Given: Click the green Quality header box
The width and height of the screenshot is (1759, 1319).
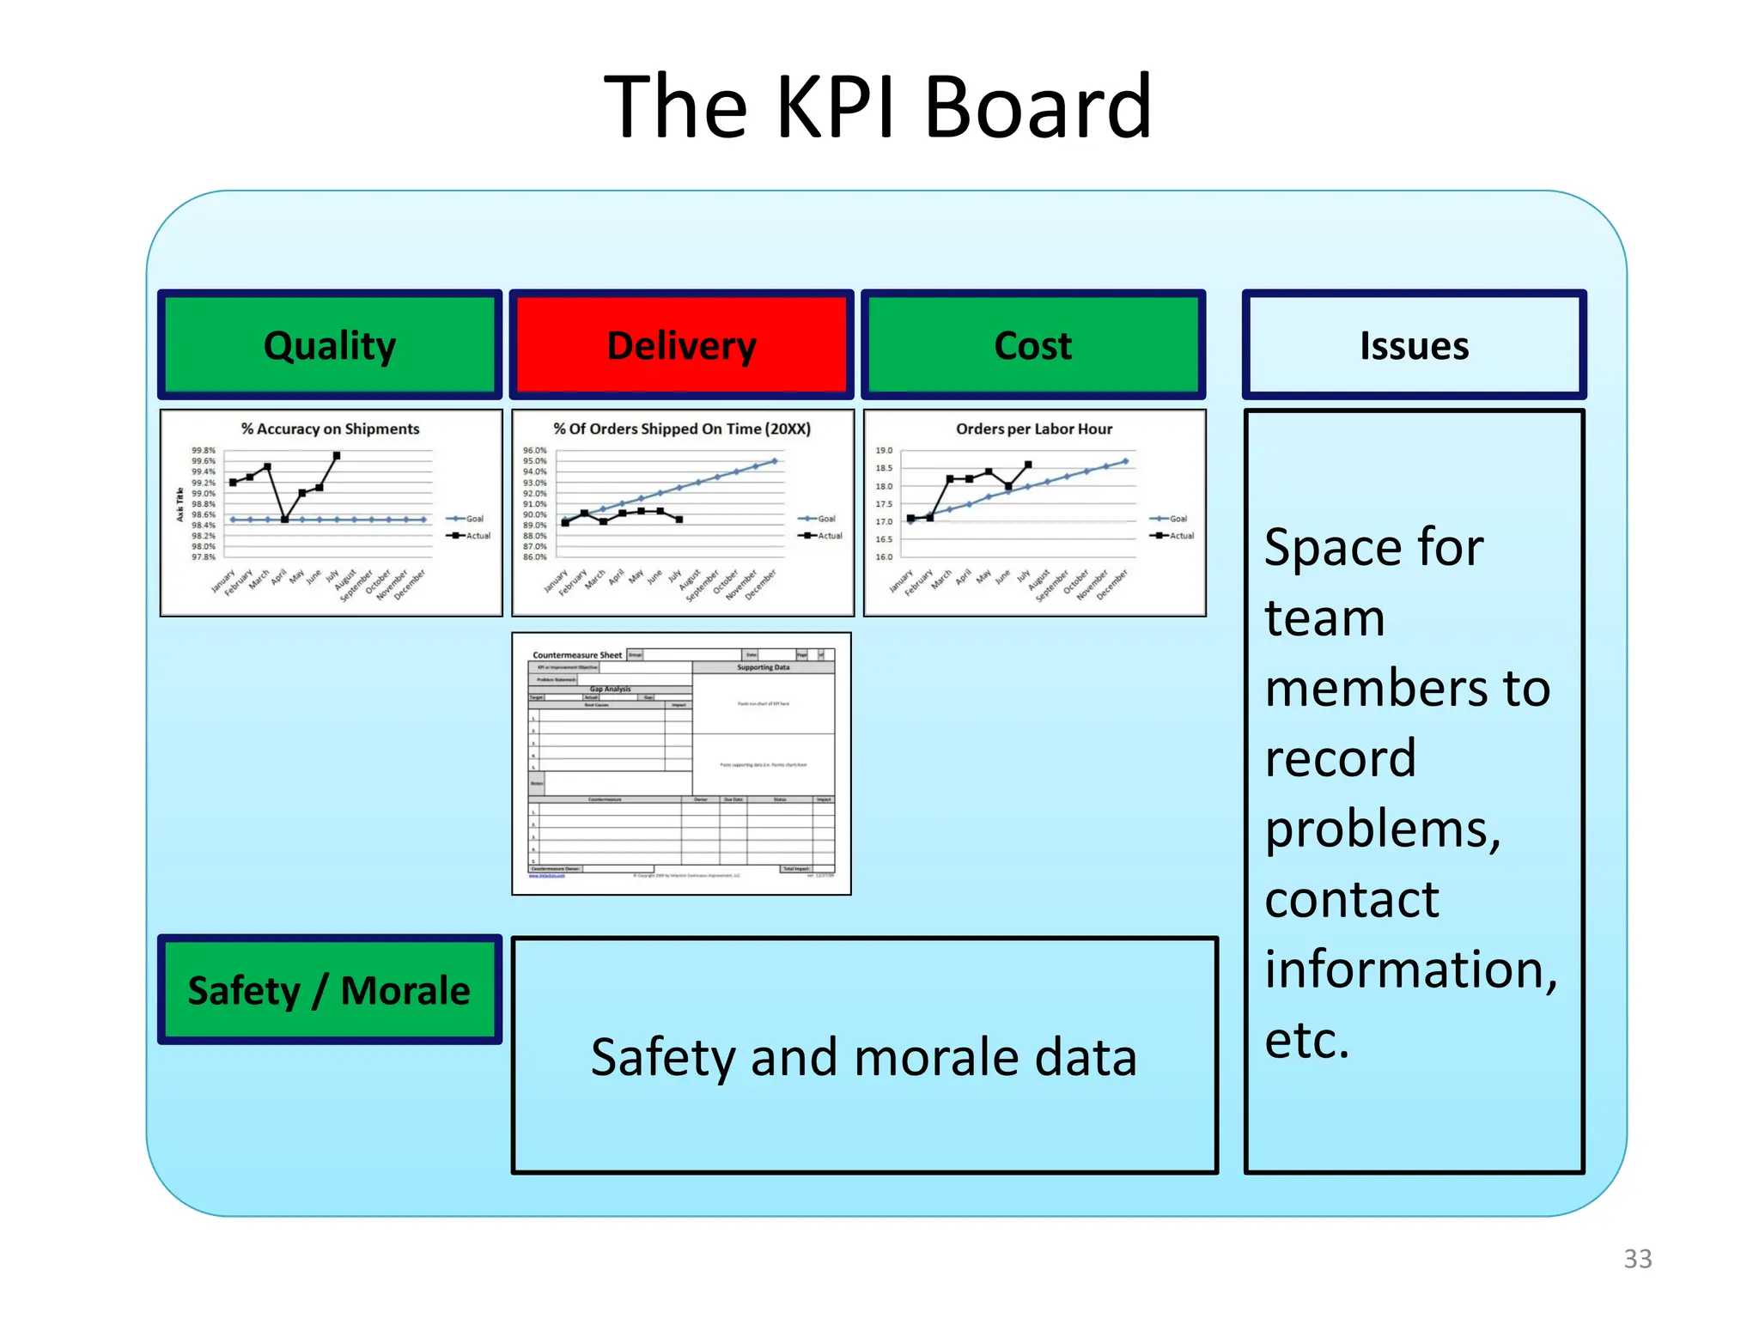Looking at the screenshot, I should click(330, 345).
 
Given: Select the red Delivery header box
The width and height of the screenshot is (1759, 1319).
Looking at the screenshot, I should click(681, 345).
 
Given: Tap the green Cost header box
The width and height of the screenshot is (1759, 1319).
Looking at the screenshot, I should click(1033, 345).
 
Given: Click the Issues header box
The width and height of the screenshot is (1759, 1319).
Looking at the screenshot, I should click(1414, 345).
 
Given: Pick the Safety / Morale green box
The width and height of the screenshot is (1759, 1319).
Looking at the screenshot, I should click(329, 990).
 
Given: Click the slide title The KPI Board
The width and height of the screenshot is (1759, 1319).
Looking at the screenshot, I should click(878, 106).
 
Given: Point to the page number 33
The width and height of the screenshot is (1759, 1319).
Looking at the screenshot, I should click(1637, 1259).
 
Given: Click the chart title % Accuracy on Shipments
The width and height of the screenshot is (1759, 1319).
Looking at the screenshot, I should click(330, 429).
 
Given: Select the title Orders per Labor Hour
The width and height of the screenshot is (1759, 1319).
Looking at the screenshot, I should click(1034, 429).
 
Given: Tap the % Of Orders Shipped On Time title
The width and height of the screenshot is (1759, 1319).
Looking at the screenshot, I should click(682, 429).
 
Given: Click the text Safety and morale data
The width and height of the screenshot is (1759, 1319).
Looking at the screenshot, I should click(863, 1056).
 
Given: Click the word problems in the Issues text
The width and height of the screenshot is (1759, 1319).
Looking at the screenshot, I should click(1383, 829).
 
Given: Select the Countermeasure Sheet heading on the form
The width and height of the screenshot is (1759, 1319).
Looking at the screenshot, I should click(577, 655).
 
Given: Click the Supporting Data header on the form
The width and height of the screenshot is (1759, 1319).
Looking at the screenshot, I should click(763, 667).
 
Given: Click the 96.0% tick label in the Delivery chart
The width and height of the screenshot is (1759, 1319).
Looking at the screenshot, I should click(534, 451).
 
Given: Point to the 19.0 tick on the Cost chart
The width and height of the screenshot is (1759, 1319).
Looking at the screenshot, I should click(884, 451).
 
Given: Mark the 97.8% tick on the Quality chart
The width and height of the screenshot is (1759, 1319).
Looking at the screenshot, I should click(203, 557).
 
